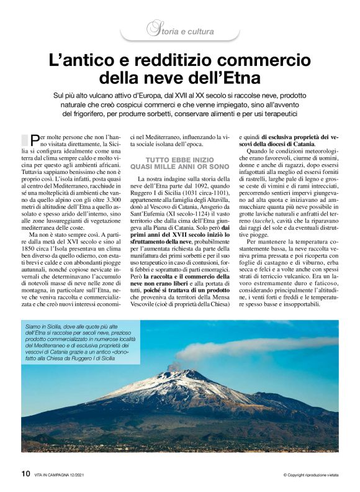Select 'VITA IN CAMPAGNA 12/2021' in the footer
click(x=67, y=475)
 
